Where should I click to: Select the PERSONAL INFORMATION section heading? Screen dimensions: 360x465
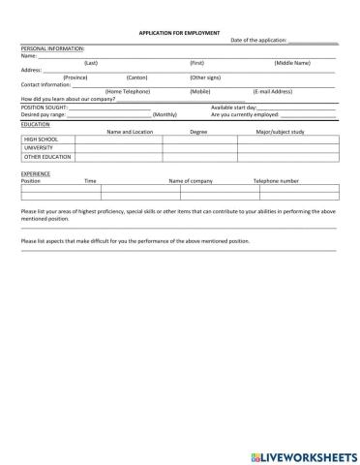52,47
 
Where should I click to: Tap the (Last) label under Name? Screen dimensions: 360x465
90,62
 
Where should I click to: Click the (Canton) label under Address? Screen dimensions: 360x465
136,77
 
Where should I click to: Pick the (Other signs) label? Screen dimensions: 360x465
204,77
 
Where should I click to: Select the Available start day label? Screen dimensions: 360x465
233,107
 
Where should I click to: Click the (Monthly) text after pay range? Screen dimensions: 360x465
165,114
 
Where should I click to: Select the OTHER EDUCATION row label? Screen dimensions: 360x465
47,156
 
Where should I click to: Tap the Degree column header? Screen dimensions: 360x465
198,131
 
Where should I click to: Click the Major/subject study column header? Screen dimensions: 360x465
280,131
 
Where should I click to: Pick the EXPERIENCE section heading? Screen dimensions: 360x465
36,173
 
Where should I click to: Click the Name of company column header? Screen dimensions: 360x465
191,181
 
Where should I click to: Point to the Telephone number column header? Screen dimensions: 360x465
276,181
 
